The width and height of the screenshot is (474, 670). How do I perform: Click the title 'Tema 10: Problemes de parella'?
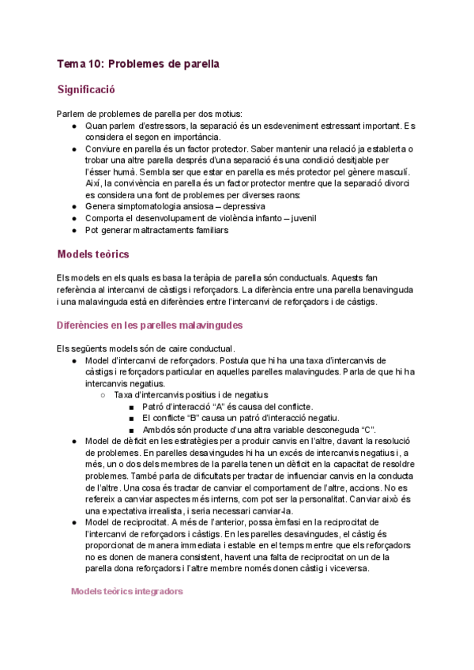click(x=138, y=62)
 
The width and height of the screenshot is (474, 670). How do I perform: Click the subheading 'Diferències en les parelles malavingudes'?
click(x=149, y=325)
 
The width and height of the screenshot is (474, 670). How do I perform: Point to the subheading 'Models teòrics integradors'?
click(x=126, y=590)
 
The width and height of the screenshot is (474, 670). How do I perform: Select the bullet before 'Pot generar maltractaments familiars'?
click(x=73, y=230)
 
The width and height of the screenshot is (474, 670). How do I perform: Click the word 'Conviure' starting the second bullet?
click(x=104, y=149)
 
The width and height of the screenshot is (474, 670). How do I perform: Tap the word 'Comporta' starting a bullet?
click(x=104, y=218)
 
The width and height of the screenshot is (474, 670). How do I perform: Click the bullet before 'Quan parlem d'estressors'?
click(x=73, y=126)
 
